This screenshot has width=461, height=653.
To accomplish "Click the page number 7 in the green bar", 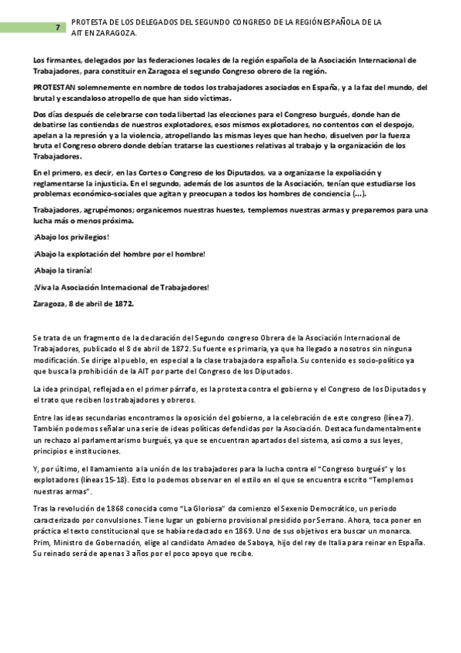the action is click(x=58, y=28).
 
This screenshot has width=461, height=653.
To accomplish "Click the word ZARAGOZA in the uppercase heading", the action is click(x=119, y=33).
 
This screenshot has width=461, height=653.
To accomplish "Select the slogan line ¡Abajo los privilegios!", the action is click(x=72, y=236).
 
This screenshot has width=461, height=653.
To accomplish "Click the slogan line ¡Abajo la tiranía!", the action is click(x=62, y=270).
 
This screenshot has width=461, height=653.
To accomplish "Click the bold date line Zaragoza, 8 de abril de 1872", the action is click(x=84, y=303).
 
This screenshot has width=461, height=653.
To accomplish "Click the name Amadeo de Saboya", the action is click(x=239, y=544).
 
